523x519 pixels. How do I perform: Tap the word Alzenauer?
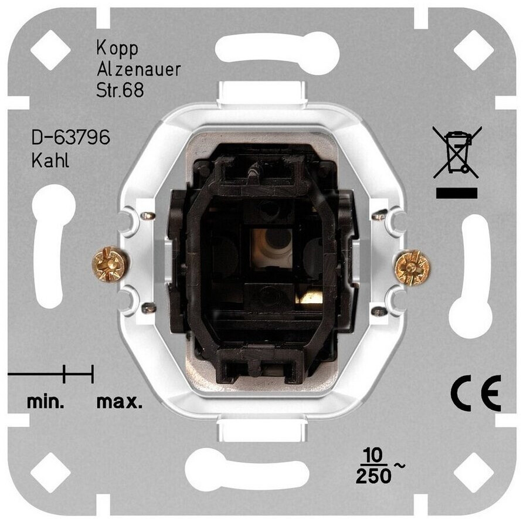tap(138, 70)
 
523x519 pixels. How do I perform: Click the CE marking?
tap(476, 393)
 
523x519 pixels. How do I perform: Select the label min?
tap(45, 403)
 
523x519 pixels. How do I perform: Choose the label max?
tap(119, 403)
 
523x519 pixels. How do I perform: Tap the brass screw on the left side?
tap(110, 264)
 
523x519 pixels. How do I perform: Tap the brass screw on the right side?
tap(412, 267)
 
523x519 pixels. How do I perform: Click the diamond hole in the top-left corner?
tap(50, 50)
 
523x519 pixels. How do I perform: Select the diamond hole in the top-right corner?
tap(473, 50)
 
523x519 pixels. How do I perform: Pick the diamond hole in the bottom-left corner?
tap(50, 471)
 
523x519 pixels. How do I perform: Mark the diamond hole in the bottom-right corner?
tap(473, 471)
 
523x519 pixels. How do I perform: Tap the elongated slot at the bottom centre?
tap(247, 469)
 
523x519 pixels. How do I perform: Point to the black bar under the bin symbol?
tap(457, 193)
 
